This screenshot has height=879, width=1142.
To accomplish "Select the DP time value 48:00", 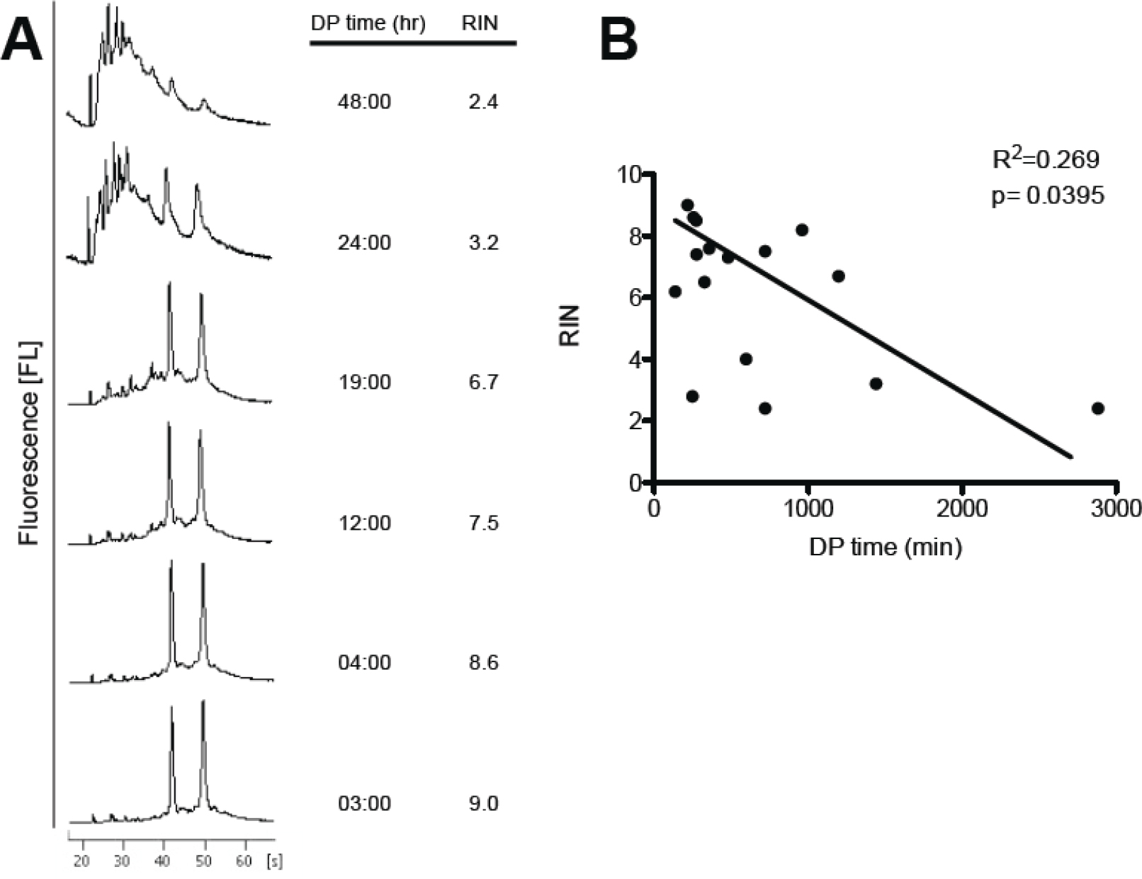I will coord(364,102).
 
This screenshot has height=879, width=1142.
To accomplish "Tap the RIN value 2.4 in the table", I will coord(483,102).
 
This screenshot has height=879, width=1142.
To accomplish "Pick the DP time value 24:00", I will coord(364,243).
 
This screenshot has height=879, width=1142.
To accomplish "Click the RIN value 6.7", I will coord(483,382).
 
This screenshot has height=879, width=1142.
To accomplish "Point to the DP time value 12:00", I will coord(364,523).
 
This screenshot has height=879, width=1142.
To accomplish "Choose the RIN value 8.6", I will coord(483,663).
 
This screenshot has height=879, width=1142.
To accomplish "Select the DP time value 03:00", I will coord(364,804).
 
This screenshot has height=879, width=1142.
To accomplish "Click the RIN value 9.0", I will coord(483,804).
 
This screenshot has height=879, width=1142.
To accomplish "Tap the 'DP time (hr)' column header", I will coord(368,23).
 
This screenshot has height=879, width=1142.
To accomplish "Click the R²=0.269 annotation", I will coord(1046,159).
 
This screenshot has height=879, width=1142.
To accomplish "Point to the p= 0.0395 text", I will coord(1047,195).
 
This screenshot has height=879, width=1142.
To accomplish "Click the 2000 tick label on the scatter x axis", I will coord(961,509).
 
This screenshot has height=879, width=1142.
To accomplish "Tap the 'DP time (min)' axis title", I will coord(886,547).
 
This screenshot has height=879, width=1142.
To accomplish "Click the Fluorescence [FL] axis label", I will coord(30,443).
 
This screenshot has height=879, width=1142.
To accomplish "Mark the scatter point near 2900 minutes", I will coord(1098,409).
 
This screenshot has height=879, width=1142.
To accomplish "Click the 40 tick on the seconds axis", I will coord(164,861).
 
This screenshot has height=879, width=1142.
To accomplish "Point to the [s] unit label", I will coord(274,861).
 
